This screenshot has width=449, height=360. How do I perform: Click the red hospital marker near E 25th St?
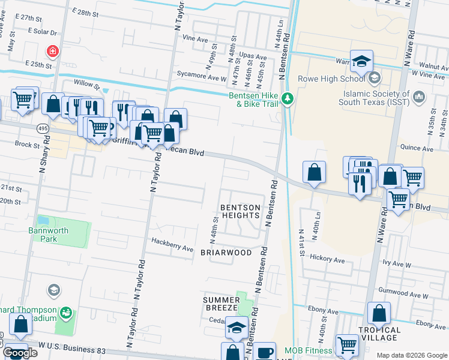(x=54, y=51)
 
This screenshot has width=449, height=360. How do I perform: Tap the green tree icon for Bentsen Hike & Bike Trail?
(x=288, y=98)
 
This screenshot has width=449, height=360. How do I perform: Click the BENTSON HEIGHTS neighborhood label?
(x=241, y=211)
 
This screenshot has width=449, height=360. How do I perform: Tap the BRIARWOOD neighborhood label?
(x=226, y=253)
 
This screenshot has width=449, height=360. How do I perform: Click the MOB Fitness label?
(x=309, y=350)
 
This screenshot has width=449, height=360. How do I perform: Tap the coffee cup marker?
(x=264, y=352)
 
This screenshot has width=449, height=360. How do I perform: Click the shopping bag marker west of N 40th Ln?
(x=315, y=173)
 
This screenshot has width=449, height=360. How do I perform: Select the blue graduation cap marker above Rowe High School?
(x=362, y=61)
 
